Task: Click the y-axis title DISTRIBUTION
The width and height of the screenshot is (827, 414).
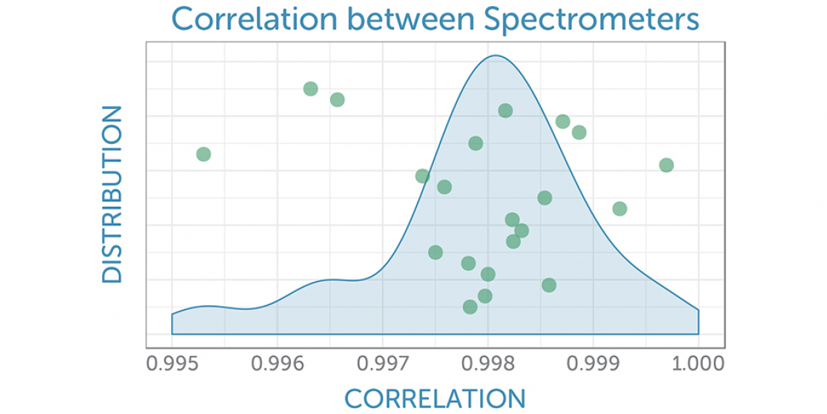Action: [112, 194]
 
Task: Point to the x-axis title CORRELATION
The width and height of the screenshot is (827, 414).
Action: [435, 399]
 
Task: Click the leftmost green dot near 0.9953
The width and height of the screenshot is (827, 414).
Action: [204, 154]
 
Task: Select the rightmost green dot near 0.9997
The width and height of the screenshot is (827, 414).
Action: [666, 165]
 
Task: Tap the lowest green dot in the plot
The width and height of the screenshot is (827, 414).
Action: [470, 307]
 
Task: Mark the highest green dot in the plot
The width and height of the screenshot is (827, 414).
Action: [310, 89]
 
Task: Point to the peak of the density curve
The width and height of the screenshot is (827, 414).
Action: [495, 55]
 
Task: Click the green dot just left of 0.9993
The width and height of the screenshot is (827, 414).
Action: [620, 208]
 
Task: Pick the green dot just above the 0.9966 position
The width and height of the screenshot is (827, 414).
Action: [337, 100]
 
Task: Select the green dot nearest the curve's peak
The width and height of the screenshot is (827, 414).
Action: [506, 110]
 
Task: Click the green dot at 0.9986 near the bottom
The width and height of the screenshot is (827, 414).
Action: [549, 285]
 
